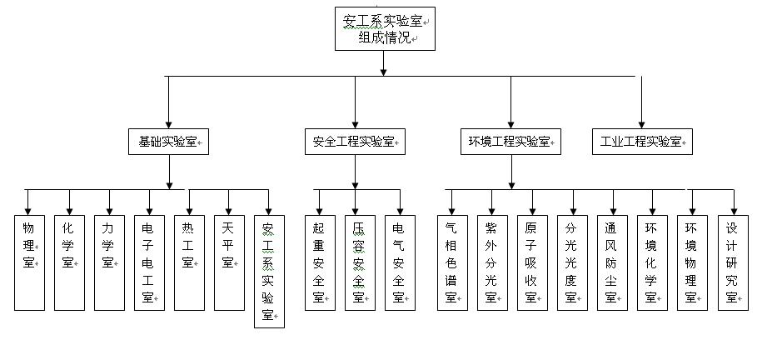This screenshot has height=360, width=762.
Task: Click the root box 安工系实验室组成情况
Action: click(x=384, y=28)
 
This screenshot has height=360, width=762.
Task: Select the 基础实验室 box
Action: click(x=168, y=142)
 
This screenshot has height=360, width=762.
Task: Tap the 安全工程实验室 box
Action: click(x=354, y=142)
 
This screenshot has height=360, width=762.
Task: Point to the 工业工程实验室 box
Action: click(x=642, y=142)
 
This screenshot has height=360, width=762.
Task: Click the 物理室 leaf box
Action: click(x=29, y=262)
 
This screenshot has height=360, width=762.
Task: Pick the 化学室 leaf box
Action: click(x=69, y=262)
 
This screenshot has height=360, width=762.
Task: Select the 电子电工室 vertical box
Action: click(x=149, y=262)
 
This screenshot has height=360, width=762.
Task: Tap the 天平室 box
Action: click(x=228, y=262)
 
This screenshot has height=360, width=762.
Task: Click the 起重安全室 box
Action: click(x=320, y=262)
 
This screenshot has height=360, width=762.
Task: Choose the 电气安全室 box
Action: click(x=400, y=262)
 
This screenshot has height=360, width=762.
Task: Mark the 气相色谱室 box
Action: click(x=452, y=262)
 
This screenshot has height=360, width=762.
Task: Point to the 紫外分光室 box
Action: click(x=492, y=262)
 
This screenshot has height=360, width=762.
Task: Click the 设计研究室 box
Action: click(x=732, y=262)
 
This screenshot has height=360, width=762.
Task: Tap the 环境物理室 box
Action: click(x=691, y=262)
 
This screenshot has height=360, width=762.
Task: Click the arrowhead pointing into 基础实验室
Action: click(x=168, y=123)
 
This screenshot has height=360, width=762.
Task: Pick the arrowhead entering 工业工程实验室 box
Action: click(x=642, y=123)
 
